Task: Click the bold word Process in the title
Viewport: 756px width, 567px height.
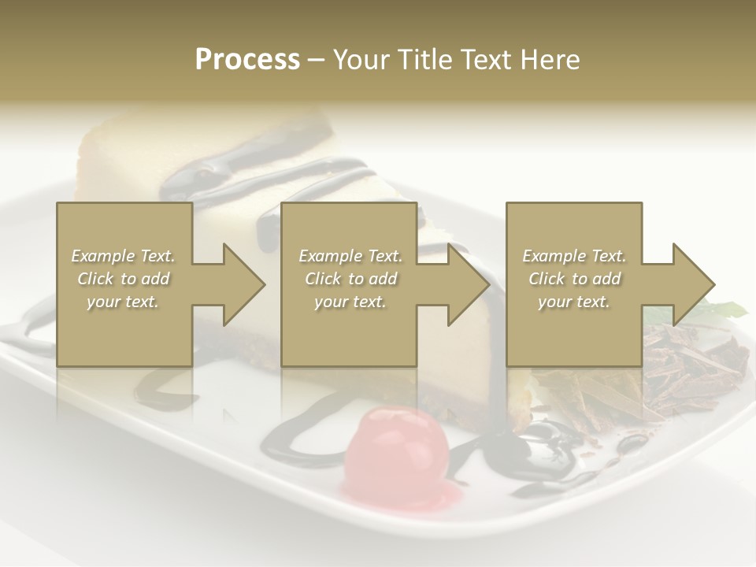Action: (247, 59)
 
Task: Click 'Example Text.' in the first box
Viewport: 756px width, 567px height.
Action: (124, 256)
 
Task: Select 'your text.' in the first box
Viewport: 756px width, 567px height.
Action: (124, 302)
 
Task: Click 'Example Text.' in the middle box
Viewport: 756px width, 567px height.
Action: (350, 256)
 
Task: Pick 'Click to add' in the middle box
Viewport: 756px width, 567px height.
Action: (350, 279)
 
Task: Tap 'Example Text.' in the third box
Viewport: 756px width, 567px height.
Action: (574, 256)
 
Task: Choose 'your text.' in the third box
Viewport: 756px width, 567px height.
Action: (574, 302)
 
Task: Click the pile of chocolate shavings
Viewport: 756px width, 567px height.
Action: (677, 366)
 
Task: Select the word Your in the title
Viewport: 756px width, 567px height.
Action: (360, 59)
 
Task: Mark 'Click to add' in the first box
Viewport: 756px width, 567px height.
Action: (124, 279)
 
